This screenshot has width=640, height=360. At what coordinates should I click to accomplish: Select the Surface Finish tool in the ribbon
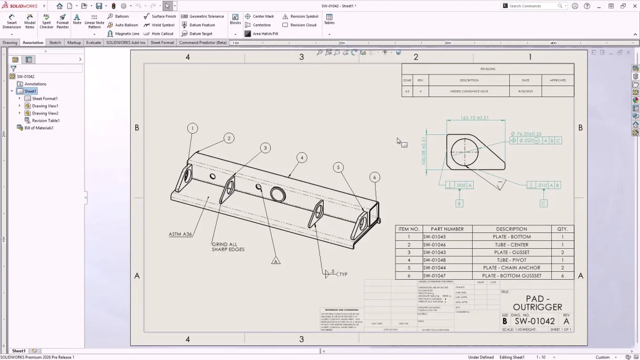160,16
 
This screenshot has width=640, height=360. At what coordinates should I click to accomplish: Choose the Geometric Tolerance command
202,16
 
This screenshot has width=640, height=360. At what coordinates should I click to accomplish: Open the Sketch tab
55,43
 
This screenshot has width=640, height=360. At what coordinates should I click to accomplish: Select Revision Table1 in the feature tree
46,121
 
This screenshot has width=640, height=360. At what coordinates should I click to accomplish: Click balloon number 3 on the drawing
265,148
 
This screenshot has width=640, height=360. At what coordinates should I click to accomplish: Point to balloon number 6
375,177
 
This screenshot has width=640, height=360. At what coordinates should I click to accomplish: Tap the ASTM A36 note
180,234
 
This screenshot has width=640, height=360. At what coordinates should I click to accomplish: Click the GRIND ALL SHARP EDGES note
228,247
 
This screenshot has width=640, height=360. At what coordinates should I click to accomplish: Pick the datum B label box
459,204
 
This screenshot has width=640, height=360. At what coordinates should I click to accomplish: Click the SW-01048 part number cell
434,260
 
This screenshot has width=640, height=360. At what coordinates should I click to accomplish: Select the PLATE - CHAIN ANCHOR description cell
511,268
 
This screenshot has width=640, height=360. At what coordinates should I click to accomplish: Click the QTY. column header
562,229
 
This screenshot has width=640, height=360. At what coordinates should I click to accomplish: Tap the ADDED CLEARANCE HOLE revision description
469,91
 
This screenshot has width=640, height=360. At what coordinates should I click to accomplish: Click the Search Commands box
532,6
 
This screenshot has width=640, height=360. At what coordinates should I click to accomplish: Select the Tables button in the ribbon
329,19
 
